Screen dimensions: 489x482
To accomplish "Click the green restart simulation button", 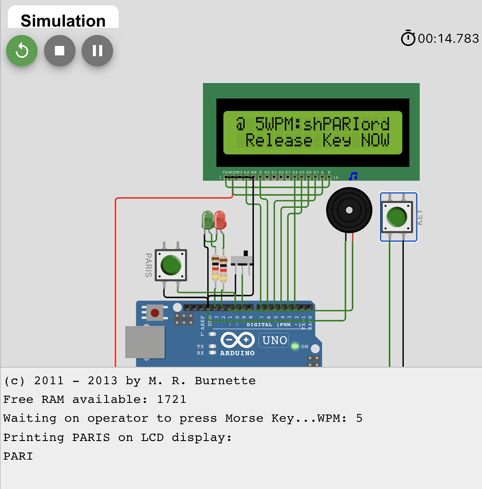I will tap(22, 50).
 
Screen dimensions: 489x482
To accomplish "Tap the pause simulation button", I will tap(97, 50).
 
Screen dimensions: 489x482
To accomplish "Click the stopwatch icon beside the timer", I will tap(408, 38).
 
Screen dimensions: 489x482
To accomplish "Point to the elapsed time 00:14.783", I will tap(448, 39).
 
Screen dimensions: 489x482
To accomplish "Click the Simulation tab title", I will tap(63, 21).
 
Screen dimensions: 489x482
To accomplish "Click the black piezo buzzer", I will tap(349, 211).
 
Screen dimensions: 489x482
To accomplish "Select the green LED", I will tap(208, 220).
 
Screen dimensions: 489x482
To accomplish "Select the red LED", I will tap(220, 220).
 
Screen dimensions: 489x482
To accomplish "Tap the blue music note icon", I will tap(353, 176).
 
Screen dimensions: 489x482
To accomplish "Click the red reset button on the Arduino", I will tap(155, 312).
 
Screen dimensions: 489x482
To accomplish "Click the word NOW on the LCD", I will tap(375, 140).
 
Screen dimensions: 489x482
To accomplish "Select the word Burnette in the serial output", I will tap(225, 380).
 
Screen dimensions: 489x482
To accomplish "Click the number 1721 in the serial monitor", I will tap(172, 400).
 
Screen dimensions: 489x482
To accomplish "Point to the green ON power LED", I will tap(295, 346).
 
